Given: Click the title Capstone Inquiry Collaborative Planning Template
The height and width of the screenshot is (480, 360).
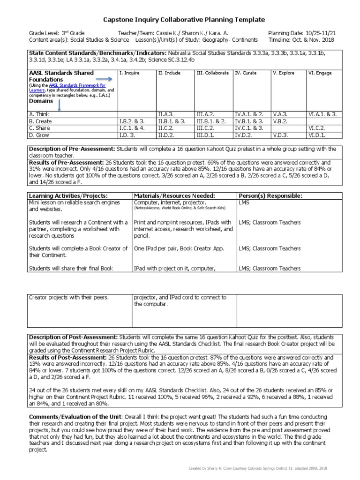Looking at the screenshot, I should coord(184,19).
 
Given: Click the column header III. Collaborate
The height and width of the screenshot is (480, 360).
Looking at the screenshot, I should coord(212,73).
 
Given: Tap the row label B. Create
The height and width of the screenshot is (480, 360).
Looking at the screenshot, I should coord(40,121).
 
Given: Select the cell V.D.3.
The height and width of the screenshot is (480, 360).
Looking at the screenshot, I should coord(280,135).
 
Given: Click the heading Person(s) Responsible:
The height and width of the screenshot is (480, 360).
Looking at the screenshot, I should coord(270,195).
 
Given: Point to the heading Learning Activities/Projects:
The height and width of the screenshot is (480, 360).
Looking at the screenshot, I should coord(68,195).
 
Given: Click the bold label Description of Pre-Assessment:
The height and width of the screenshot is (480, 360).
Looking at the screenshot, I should coord(72,149).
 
